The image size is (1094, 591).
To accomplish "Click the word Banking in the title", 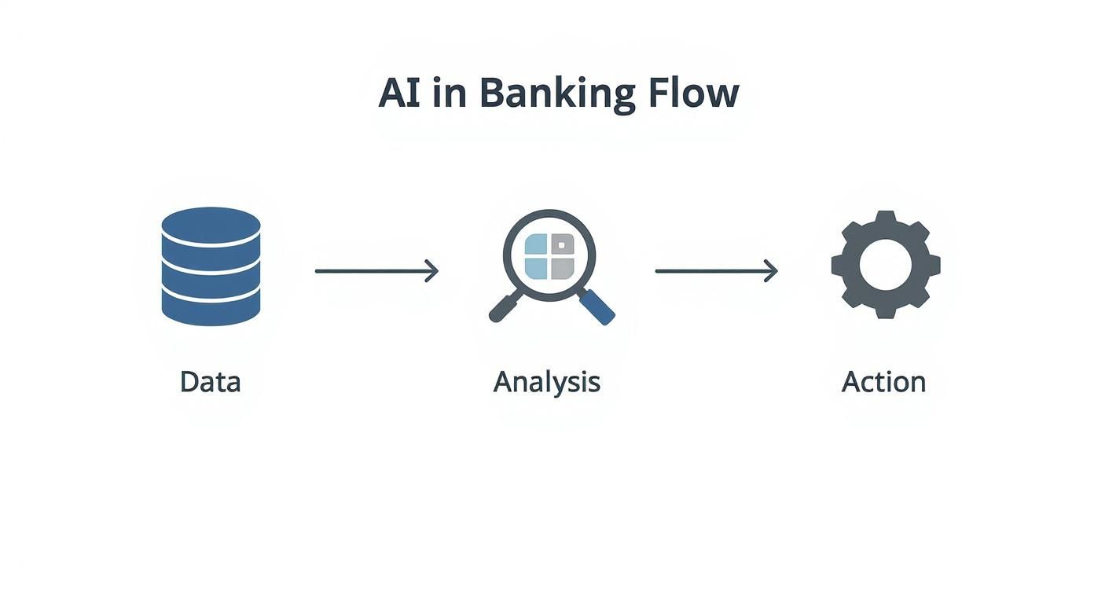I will [x=557, y=94].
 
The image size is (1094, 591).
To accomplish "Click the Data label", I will [x=210, y=382].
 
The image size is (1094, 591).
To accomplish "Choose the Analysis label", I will [x=547, y=383].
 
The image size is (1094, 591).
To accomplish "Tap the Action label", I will [x=883, y=382].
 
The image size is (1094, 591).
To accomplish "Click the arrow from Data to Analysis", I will [x=376, y=271].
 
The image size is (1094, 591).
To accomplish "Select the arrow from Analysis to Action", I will [x=716, y=271].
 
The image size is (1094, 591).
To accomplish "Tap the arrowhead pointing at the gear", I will [x=772, y=271].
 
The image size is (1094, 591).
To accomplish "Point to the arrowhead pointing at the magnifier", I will [x=431, y=271].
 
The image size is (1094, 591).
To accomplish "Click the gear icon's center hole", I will [x=885, y=265].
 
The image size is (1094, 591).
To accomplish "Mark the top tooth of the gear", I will [x=885, y=218].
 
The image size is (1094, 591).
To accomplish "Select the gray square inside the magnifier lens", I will [x=563, y=269].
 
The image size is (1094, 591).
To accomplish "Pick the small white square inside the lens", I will [x=561, y=246].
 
